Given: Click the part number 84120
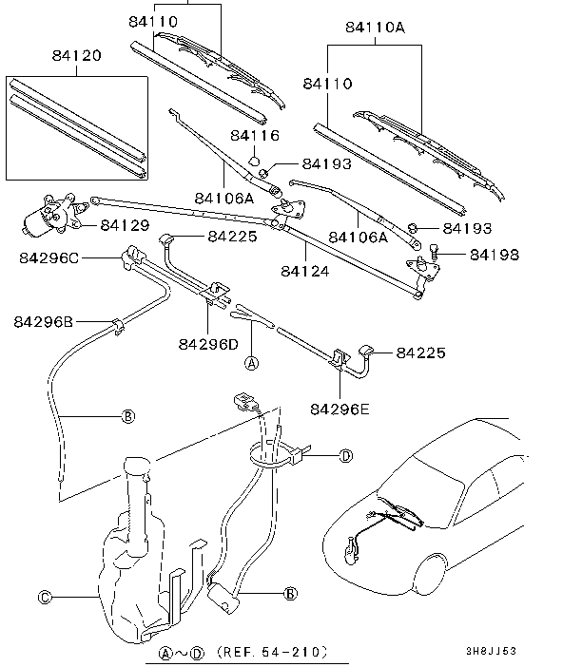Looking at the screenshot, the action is (x=77, y=55).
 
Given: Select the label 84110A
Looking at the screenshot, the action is (x=375, y=28).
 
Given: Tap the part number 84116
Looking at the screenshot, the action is (x=255, y=135).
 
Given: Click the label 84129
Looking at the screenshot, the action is (x=126, y=225).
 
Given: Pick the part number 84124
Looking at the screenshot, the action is (x=305, y=271).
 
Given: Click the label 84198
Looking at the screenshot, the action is (x=495, y=255).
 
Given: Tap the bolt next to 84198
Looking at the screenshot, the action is (x=434, y=252).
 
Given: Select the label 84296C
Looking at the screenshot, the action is (x=49, y=258).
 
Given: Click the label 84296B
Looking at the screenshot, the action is (x=44, y=321).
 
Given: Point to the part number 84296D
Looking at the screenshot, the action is (x=208, y=344).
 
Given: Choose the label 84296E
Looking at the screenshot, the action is (x=340, y=409).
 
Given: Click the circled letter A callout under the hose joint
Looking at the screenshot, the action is (x=252, y=363).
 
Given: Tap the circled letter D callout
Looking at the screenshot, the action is (x=346, y=456).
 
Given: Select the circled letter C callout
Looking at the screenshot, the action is (x=45, y=598).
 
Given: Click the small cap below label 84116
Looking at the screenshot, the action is (x=254, y=161).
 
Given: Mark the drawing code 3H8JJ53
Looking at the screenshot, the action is (x=491, y=651).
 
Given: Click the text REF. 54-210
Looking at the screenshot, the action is (x=272, y=652).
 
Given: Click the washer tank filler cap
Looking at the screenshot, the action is (x=137, y=465).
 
